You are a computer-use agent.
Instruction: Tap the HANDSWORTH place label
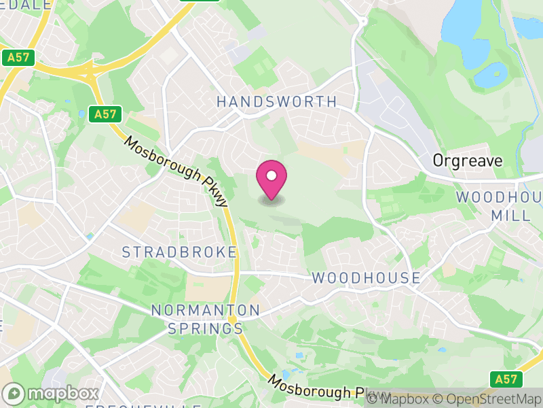[x=276, y=102]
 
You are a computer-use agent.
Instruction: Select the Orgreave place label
[x=468, y=161]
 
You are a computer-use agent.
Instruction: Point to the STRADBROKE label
[x=180, y=252]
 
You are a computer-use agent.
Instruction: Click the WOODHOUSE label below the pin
[x=367, y=278]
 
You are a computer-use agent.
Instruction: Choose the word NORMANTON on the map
[x=206, y=310]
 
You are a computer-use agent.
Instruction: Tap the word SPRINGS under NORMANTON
[x=206, y=329]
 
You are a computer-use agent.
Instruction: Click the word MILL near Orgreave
[x=512, y=215]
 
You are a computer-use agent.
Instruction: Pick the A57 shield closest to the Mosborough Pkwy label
[x=105, y=114]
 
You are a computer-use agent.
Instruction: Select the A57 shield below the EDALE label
[x=19, y=58]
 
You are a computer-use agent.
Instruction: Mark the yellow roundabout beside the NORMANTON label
[x=232, y=319]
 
